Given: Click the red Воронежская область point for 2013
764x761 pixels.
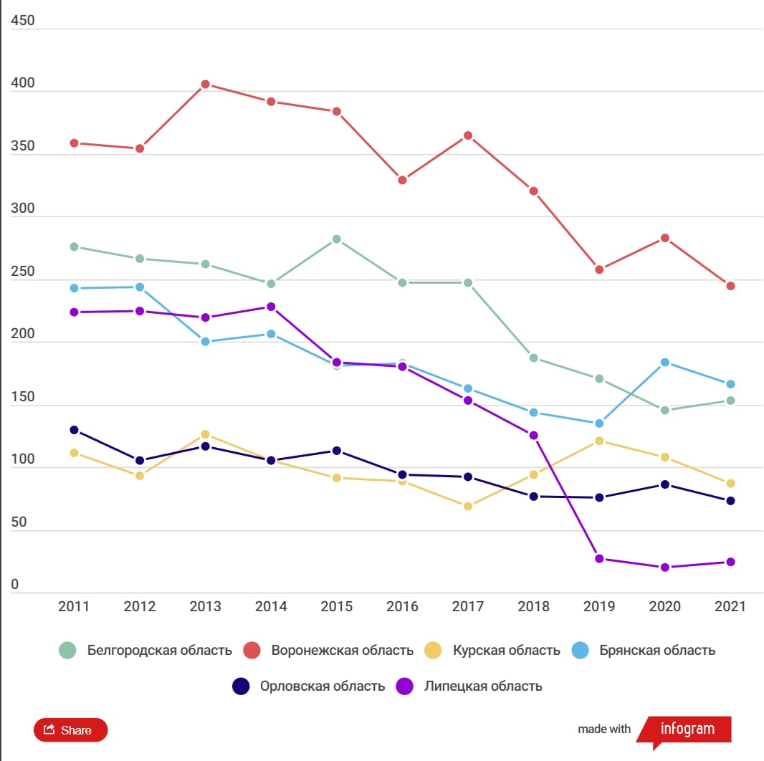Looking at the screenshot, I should click(205, 85).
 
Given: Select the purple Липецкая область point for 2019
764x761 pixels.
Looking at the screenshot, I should click(599, 559).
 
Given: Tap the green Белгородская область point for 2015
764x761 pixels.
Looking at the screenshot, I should click(337, 239).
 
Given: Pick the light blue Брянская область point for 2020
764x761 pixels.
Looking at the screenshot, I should click(665, 363).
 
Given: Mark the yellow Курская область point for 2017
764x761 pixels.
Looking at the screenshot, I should click(468, 507).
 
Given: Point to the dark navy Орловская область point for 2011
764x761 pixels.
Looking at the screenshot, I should click(74, 430).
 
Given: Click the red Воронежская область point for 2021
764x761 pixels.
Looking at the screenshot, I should click(730, 286).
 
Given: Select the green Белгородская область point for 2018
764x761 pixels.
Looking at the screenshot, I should click(534, 358).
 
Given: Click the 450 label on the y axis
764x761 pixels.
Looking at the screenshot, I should click(23, 21).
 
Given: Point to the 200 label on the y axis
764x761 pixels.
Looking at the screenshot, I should click(23, 335).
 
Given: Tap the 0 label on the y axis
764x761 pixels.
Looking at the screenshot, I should click(15, 585).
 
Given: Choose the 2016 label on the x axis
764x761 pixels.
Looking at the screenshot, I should click(402, 607).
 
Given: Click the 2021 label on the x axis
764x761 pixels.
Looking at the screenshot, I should click(730, 607).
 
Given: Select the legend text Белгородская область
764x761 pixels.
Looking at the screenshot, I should click(159, 651).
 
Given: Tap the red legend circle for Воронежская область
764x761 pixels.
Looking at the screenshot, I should click(252, 651).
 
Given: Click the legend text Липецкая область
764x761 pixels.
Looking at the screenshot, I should click(483, 686).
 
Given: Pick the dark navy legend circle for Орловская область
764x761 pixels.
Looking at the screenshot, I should click(241, 686).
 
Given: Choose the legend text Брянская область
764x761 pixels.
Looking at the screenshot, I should click(657, 651).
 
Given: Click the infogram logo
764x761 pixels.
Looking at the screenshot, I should click(687, 729).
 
